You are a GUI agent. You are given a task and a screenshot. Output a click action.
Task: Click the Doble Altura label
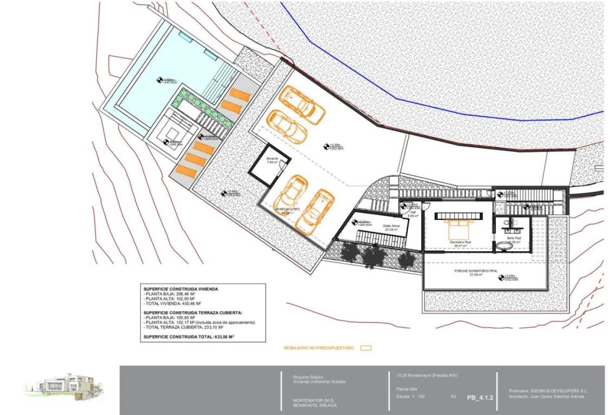[392, 227]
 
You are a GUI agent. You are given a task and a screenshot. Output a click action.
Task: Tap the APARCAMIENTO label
[287, 210]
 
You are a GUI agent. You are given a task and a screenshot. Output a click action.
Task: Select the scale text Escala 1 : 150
[410, 397]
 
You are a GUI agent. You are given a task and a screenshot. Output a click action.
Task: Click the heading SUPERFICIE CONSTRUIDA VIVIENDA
[180, 289]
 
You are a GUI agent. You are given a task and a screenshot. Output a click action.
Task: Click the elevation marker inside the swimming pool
[159, 79]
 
